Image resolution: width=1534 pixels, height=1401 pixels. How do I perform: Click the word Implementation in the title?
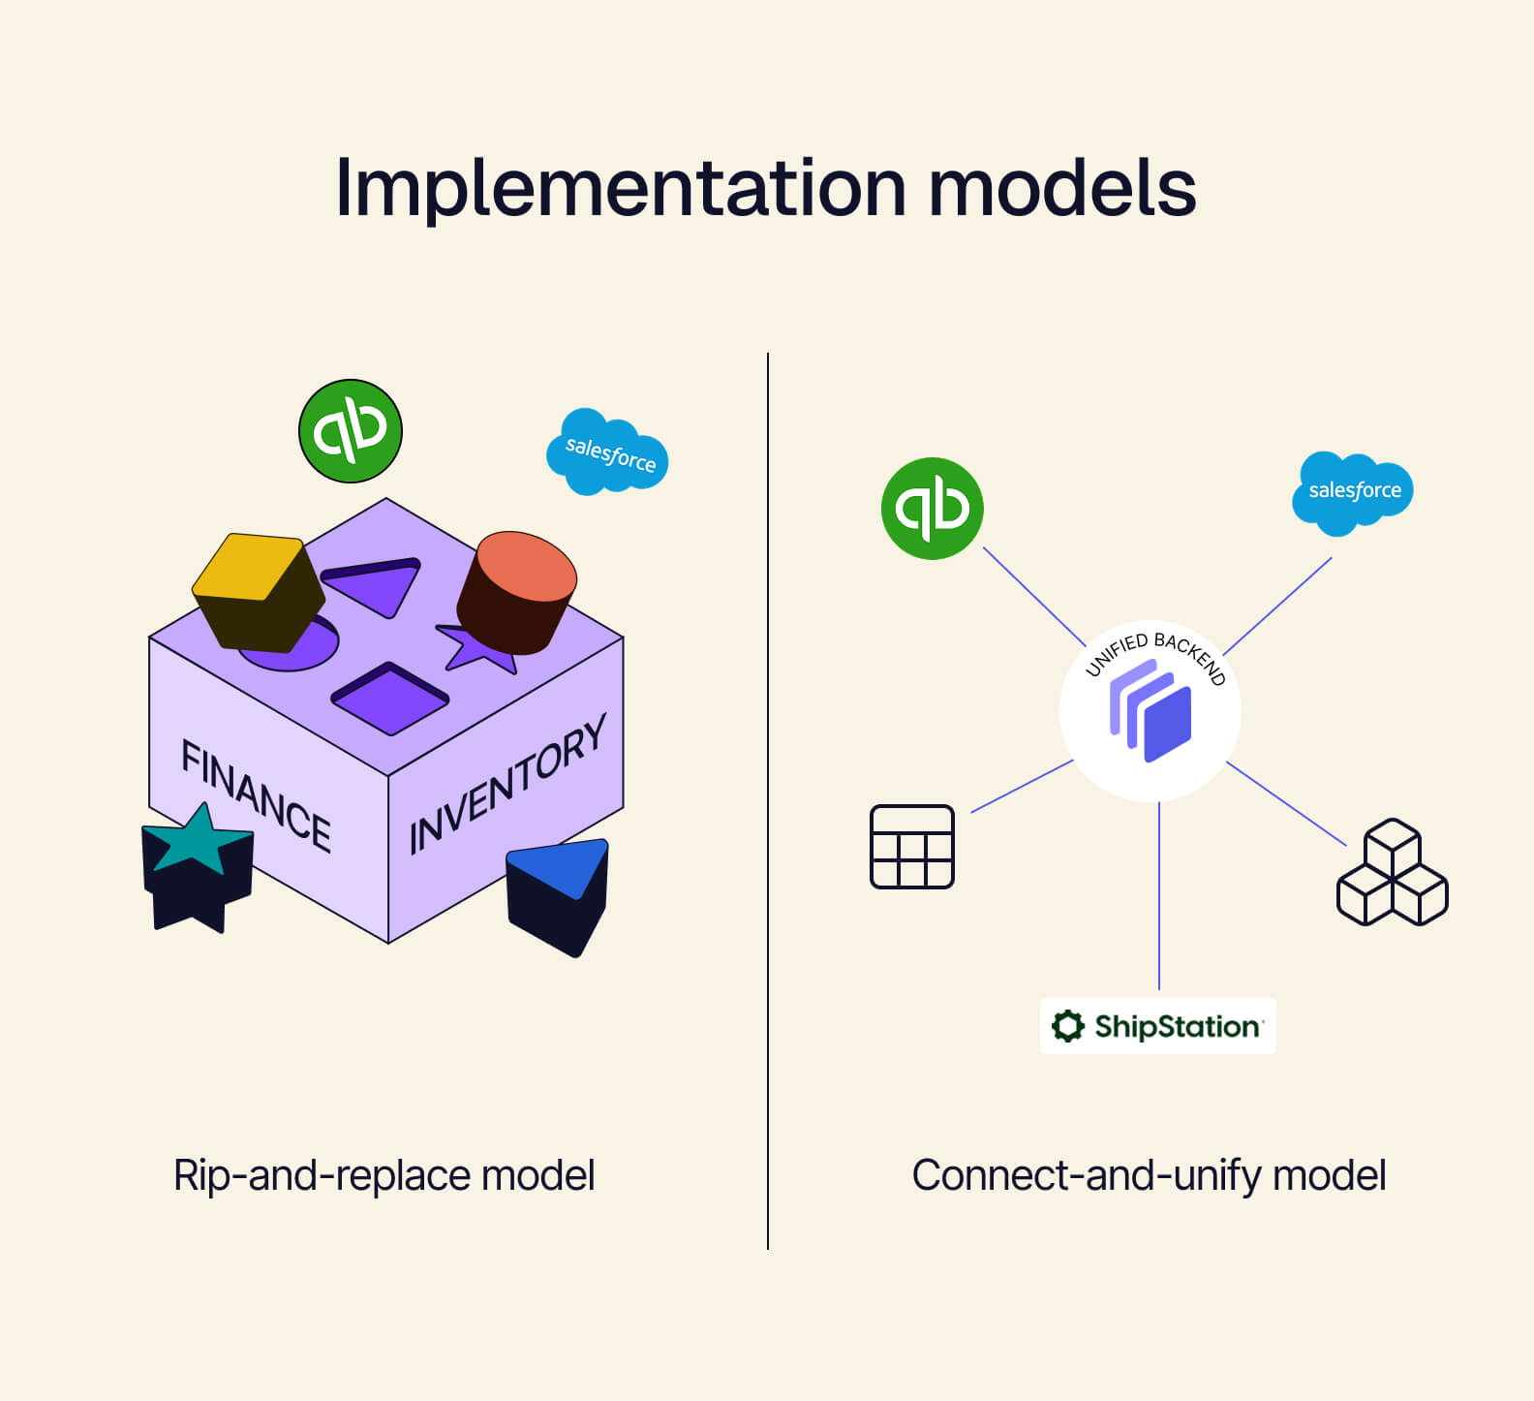click(x=620, y=188)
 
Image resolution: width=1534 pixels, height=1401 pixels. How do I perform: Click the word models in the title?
click(x=1061, y=188)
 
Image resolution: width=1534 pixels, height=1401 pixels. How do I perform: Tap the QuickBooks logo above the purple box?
click(x=350, y=431)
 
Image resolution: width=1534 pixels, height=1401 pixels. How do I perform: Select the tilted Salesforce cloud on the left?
click(x=608, y=452)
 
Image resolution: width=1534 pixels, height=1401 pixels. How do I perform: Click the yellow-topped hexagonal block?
click(x=258, y=591)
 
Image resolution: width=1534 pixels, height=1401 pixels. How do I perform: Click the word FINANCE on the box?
click(x=256, y=794)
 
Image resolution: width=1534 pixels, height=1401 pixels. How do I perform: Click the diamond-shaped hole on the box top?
click(x=390, y=698)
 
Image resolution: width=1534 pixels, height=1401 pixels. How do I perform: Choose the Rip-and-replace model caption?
click(x=383, y=1175)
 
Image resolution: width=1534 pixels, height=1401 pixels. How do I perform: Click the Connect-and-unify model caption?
click(x=1149, y=1175)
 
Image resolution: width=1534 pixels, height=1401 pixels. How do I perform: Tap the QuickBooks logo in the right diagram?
click(x=932, y=509)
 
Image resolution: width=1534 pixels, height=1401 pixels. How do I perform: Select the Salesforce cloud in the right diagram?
click(x=1353, y=491)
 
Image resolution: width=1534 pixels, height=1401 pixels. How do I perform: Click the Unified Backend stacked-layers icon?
click(x=1150, y=711)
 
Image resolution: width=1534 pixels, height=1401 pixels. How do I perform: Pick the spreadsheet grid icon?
click(x=911, y=846)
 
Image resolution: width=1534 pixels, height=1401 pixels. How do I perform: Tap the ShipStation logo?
click(x=1157, y=1026)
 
